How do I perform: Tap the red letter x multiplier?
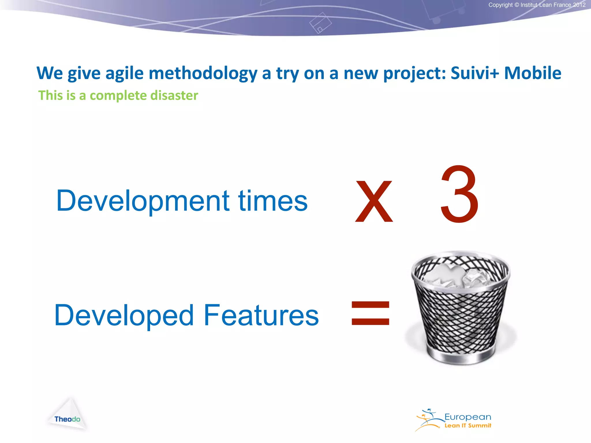click(x=374, y=201)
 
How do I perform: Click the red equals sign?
click(x=371, y=313)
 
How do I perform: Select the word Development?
click(x=143, y=201)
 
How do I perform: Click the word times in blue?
click(x=273, y=201)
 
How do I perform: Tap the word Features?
click(x=261, y=315)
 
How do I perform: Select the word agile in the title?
click(x=124, y=73)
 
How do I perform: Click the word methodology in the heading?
click(x=203, y=73)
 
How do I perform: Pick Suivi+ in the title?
click(x=475, y=73)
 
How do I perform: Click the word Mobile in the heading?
click(x=532, y=73)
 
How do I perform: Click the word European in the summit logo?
click(x=467, y=417)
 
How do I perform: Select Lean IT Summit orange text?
click(x=467, y=426)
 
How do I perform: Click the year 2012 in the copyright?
click(x=579, y=5)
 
